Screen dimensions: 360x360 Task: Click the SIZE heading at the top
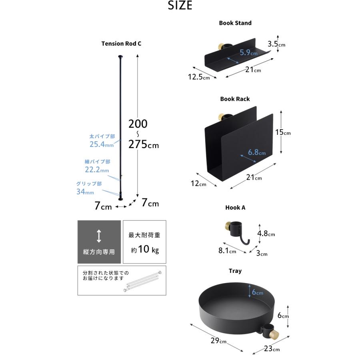click(180, 6)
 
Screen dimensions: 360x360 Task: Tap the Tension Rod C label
click(121, 43)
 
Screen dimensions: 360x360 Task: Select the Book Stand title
click(235, 23)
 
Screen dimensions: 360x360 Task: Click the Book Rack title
click(235, 99)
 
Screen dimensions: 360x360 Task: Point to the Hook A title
click(235, 208)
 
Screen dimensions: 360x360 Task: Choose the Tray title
click(235, 271)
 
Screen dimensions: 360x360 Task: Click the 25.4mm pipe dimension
click(102, 144)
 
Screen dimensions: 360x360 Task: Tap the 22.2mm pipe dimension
click(97, 170)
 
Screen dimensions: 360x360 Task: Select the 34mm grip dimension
click(85, 192)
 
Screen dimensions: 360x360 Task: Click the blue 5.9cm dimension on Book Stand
click(249, 52)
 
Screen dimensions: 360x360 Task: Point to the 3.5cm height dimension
click(276, 44)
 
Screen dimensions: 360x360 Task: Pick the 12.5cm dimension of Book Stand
click(199, 77)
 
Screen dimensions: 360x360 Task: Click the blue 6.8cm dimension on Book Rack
click(257, 152)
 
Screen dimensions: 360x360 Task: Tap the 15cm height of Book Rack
click(283, 132)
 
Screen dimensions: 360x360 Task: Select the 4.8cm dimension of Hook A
click(266, 234)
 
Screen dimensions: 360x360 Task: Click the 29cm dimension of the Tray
click(218, 340)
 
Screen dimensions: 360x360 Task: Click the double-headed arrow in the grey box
click(99, 236)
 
